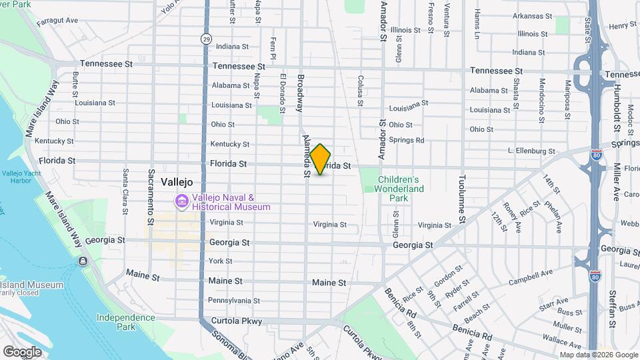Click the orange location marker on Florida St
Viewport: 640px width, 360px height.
320,159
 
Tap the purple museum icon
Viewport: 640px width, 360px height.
181,201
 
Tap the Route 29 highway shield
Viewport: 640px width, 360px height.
207,39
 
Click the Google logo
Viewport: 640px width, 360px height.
22,352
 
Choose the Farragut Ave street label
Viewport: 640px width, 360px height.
59,21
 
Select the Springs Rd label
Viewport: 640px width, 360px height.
407,140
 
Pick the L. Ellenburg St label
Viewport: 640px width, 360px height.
531,151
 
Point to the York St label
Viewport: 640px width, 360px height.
220,261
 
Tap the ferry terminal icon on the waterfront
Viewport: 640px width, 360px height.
82,261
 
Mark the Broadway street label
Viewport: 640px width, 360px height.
301,91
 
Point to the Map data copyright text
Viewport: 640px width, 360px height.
599,355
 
